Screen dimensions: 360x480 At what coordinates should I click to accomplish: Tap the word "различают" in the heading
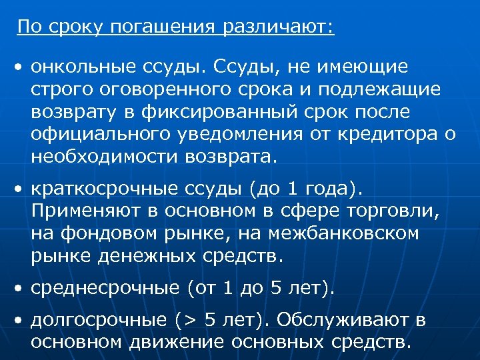[278, 28]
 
